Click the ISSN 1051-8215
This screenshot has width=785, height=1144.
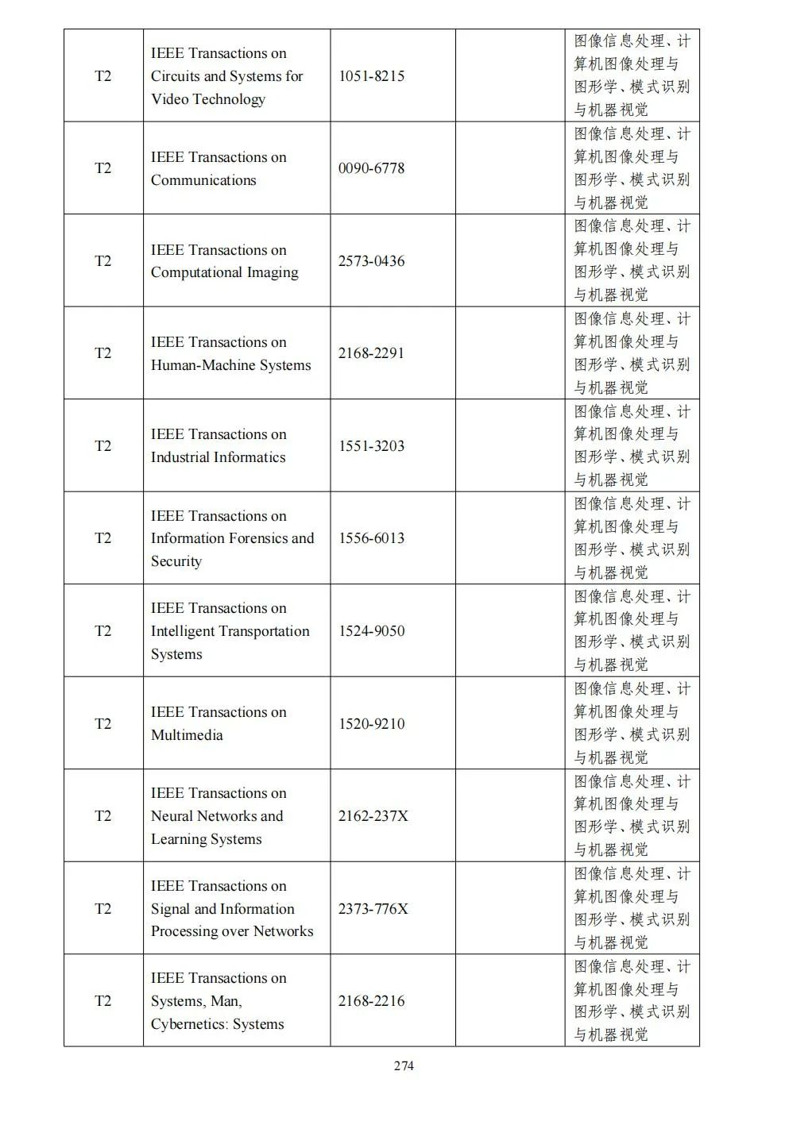click(x=371, y=76)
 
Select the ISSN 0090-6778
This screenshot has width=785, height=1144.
click(x=371, y=168)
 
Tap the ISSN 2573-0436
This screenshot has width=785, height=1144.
click(x=371, y=261)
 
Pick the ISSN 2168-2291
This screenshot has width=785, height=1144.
click(x=371, y=353)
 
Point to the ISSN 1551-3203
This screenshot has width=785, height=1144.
click(x=371, y=446)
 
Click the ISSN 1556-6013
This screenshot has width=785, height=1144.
click(x=371, y=538)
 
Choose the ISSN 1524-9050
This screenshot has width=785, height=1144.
click(x=371, y=631)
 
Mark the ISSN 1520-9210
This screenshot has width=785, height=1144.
click(x=371, y=724)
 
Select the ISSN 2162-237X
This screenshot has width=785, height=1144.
click(x=373, y=816)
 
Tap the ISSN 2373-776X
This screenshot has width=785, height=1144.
click(x=373, y=909)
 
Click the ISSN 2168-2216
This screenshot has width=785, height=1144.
click(x=371, y=1001)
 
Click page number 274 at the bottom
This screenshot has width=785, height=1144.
click(x=404, y=1066)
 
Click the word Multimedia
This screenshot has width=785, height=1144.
click(x=187, y=735)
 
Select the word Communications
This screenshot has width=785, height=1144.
click(x=203, y=180)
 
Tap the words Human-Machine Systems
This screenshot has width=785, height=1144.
click(x=230, y=365)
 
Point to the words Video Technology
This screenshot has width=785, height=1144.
click(x=208, y=99)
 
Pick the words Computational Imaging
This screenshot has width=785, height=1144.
click(x=225, y=272)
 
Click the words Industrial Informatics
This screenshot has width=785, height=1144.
click(x=218, y=457)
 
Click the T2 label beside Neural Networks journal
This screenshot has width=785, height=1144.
click(x=103, y=816)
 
